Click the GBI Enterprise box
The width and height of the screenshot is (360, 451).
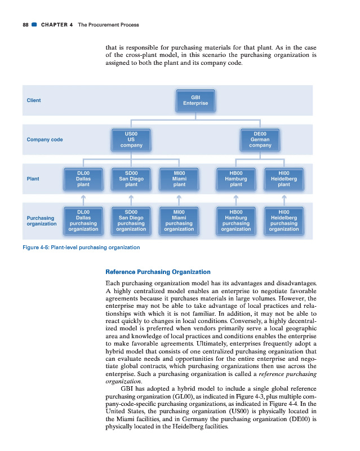click(x=195, y=100)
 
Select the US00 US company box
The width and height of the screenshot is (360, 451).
click(x=131, y=139)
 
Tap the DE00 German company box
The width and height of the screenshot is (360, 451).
click(x=260, y=139)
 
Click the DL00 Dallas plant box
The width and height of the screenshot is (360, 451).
click(x=83, y=179)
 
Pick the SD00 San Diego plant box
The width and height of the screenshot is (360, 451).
click(x=131, y=179)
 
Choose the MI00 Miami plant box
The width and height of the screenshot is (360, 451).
click(x=179, y=179)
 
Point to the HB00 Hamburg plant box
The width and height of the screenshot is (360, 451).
click(x=236, y=179)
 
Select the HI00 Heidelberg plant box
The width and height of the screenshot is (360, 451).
click(x=284, y=179)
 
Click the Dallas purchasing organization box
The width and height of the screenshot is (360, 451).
click(x=83, y=220)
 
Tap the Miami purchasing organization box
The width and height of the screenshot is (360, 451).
click(x=179, y=220)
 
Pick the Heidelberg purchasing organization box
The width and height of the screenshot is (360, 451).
click(x=284, y=220)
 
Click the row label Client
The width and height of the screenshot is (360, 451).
click(x=34, y=100)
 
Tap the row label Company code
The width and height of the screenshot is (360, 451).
click(x=45, y=139)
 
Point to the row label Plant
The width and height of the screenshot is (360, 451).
click(x=33, y=179)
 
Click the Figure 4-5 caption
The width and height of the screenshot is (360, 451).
click(x=81, y=247)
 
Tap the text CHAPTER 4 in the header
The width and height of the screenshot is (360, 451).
click(x=56, y=25)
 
